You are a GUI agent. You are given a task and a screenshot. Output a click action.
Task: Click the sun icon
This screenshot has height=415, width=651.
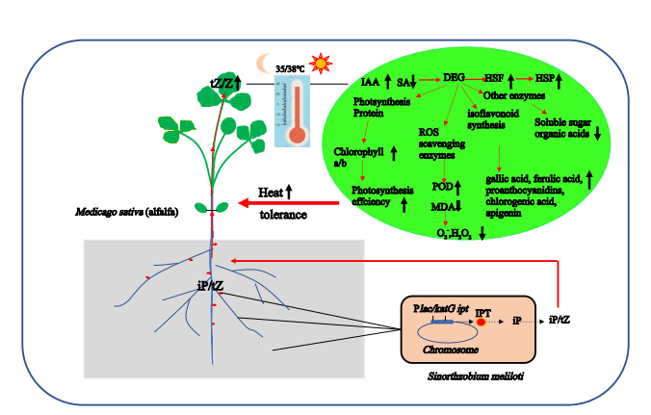[322, 63]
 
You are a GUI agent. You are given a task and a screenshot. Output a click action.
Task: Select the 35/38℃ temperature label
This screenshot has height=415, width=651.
[290, 69]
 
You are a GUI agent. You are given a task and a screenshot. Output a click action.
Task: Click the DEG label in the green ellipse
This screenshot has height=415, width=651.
[454, 78]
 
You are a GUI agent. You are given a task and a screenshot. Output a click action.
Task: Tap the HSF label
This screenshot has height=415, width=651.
[494, 78]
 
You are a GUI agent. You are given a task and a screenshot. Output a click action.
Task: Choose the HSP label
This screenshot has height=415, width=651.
[546, 78]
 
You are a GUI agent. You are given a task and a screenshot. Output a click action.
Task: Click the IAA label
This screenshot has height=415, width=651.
[369, 83]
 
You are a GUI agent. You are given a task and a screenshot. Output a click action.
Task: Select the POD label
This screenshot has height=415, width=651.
[442, 186]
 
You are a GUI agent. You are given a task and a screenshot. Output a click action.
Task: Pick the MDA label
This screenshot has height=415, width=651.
[442, 207]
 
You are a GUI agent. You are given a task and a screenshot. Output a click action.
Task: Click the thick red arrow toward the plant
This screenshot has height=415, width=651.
[289, 203]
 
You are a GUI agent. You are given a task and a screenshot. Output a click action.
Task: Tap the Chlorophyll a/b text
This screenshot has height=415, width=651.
[358, 157]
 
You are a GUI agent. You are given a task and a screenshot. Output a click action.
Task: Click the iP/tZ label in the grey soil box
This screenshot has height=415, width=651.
[210, 285]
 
